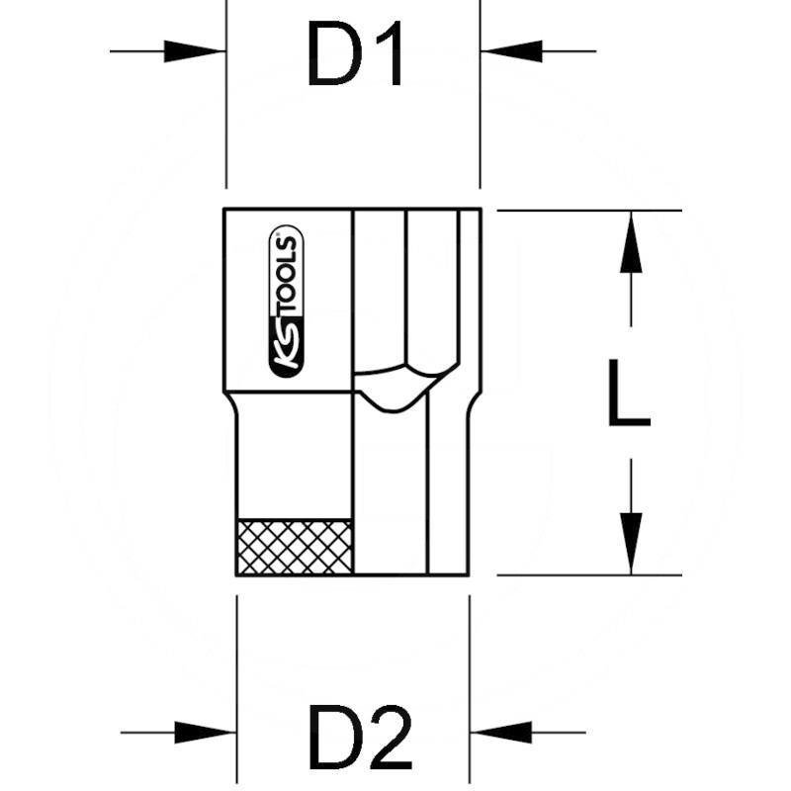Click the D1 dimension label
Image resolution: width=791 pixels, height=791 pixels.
[354, 55]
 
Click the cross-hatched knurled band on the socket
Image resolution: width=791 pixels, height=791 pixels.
[295, 546]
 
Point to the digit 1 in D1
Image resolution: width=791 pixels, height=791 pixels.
[391, 55]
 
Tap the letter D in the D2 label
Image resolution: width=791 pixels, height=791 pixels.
[329, 738]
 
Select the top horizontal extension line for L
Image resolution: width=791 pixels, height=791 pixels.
[588, 210]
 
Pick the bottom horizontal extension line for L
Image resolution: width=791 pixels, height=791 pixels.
[588, 574]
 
